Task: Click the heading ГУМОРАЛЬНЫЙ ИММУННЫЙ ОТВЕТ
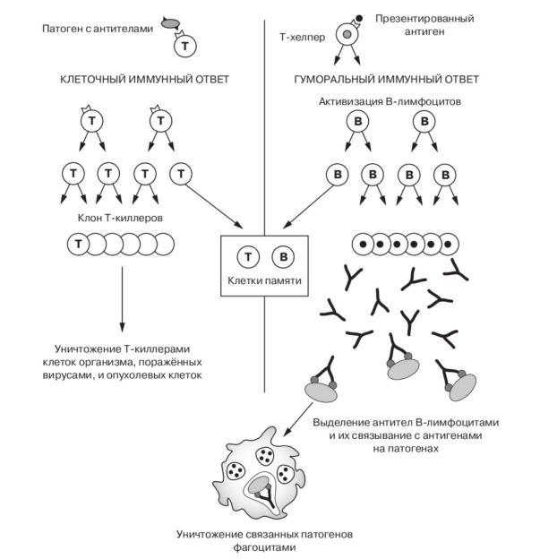(389, 79)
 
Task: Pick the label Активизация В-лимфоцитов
(390, 101)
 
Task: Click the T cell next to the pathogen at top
(184, 43)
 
